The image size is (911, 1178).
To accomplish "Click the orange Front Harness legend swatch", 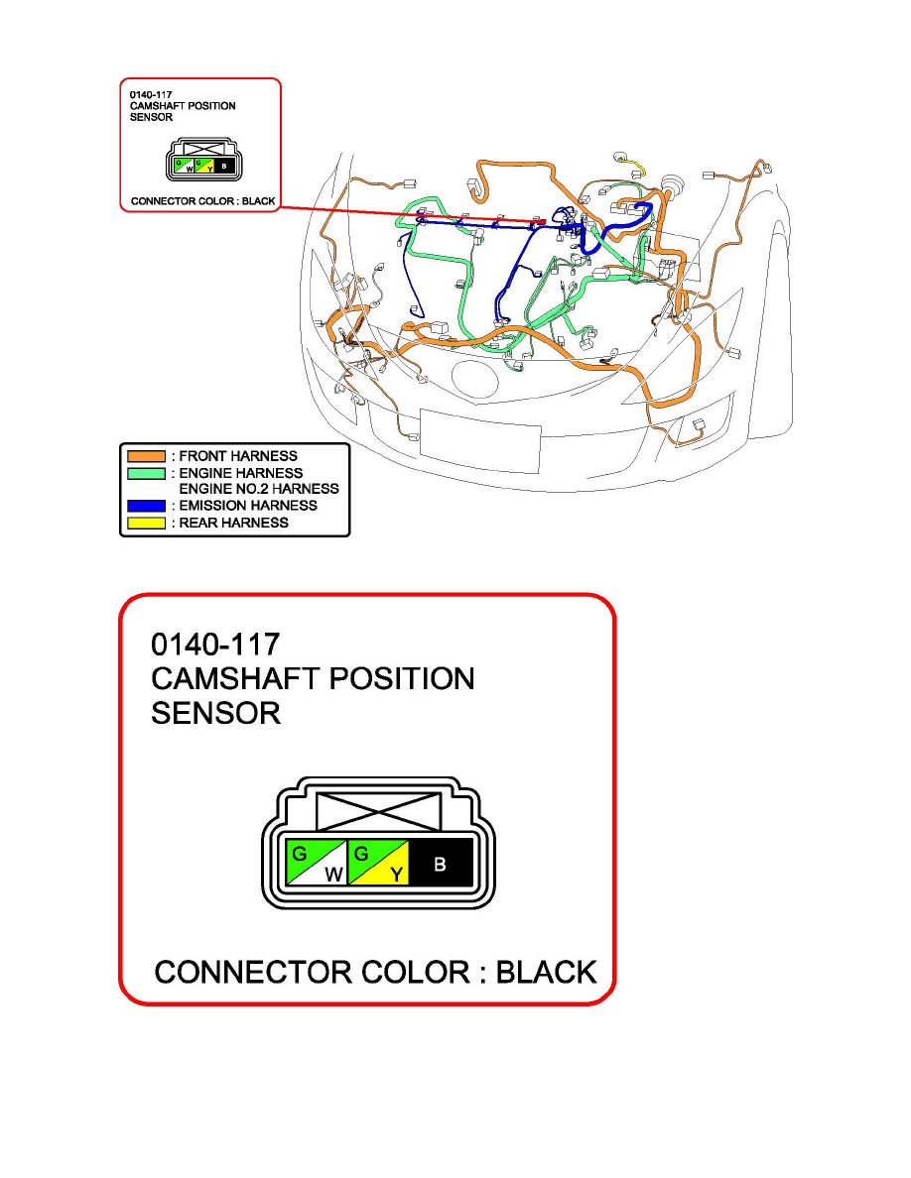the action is [147, 456].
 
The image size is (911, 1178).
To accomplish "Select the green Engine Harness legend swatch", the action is [147, 473].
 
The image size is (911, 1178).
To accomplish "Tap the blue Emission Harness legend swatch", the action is [147, 506].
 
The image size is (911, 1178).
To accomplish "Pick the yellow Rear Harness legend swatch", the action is [147, 523].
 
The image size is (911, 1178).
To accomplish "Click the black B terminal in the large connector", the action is [442, 863].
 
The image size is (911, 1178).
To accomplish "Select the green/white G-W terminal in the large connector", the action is [316, 863].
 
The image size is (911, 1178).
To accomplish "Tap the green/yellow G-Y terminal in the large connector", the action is [378, 863].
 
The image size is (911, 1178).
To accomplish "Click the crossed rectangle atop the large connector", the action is [379, 811].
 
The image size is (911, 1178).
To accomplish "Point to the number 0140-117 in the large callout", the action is [215, 645].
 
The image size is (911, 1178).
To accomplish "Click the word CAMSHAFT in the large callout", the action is [236, 679].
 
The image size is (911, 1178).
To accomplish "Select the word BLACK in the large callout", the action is [547, 972].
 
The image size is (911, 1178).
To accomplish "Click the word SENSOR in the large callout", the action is [215, 713].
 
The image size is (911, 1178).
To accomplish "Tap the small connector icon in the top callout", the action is [204, 160].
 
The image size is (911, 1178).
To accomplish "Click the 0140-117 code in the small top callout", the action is [151, 94].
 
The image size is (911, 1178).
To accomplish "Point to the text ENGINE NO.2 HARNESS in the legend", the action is [259, 489].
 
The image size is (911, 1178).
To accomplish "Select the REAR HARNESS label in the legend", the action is [234, 523].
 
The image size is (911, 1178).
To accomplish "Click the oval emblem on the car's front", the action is [475, 380].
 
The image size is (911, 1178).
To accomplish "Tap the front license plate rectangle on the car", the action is [480, 442].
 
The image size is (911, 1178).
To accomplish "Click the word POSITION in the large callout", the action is [402, 679].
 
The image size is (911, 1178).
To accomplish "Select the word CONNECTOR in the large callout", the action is [253, 972].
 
